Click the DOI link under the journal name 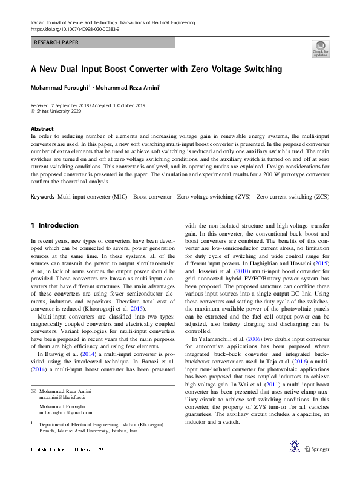[74, 29]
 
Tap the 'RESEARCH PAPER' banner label [56, 43]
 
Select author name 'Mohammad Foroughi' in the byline [59, 88]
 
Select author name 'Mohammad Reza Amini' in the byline [129, 88]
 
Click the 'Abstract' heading [42, 129]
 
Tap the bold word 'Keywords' [43, 197]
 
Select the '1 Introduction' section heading [54, 226]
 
